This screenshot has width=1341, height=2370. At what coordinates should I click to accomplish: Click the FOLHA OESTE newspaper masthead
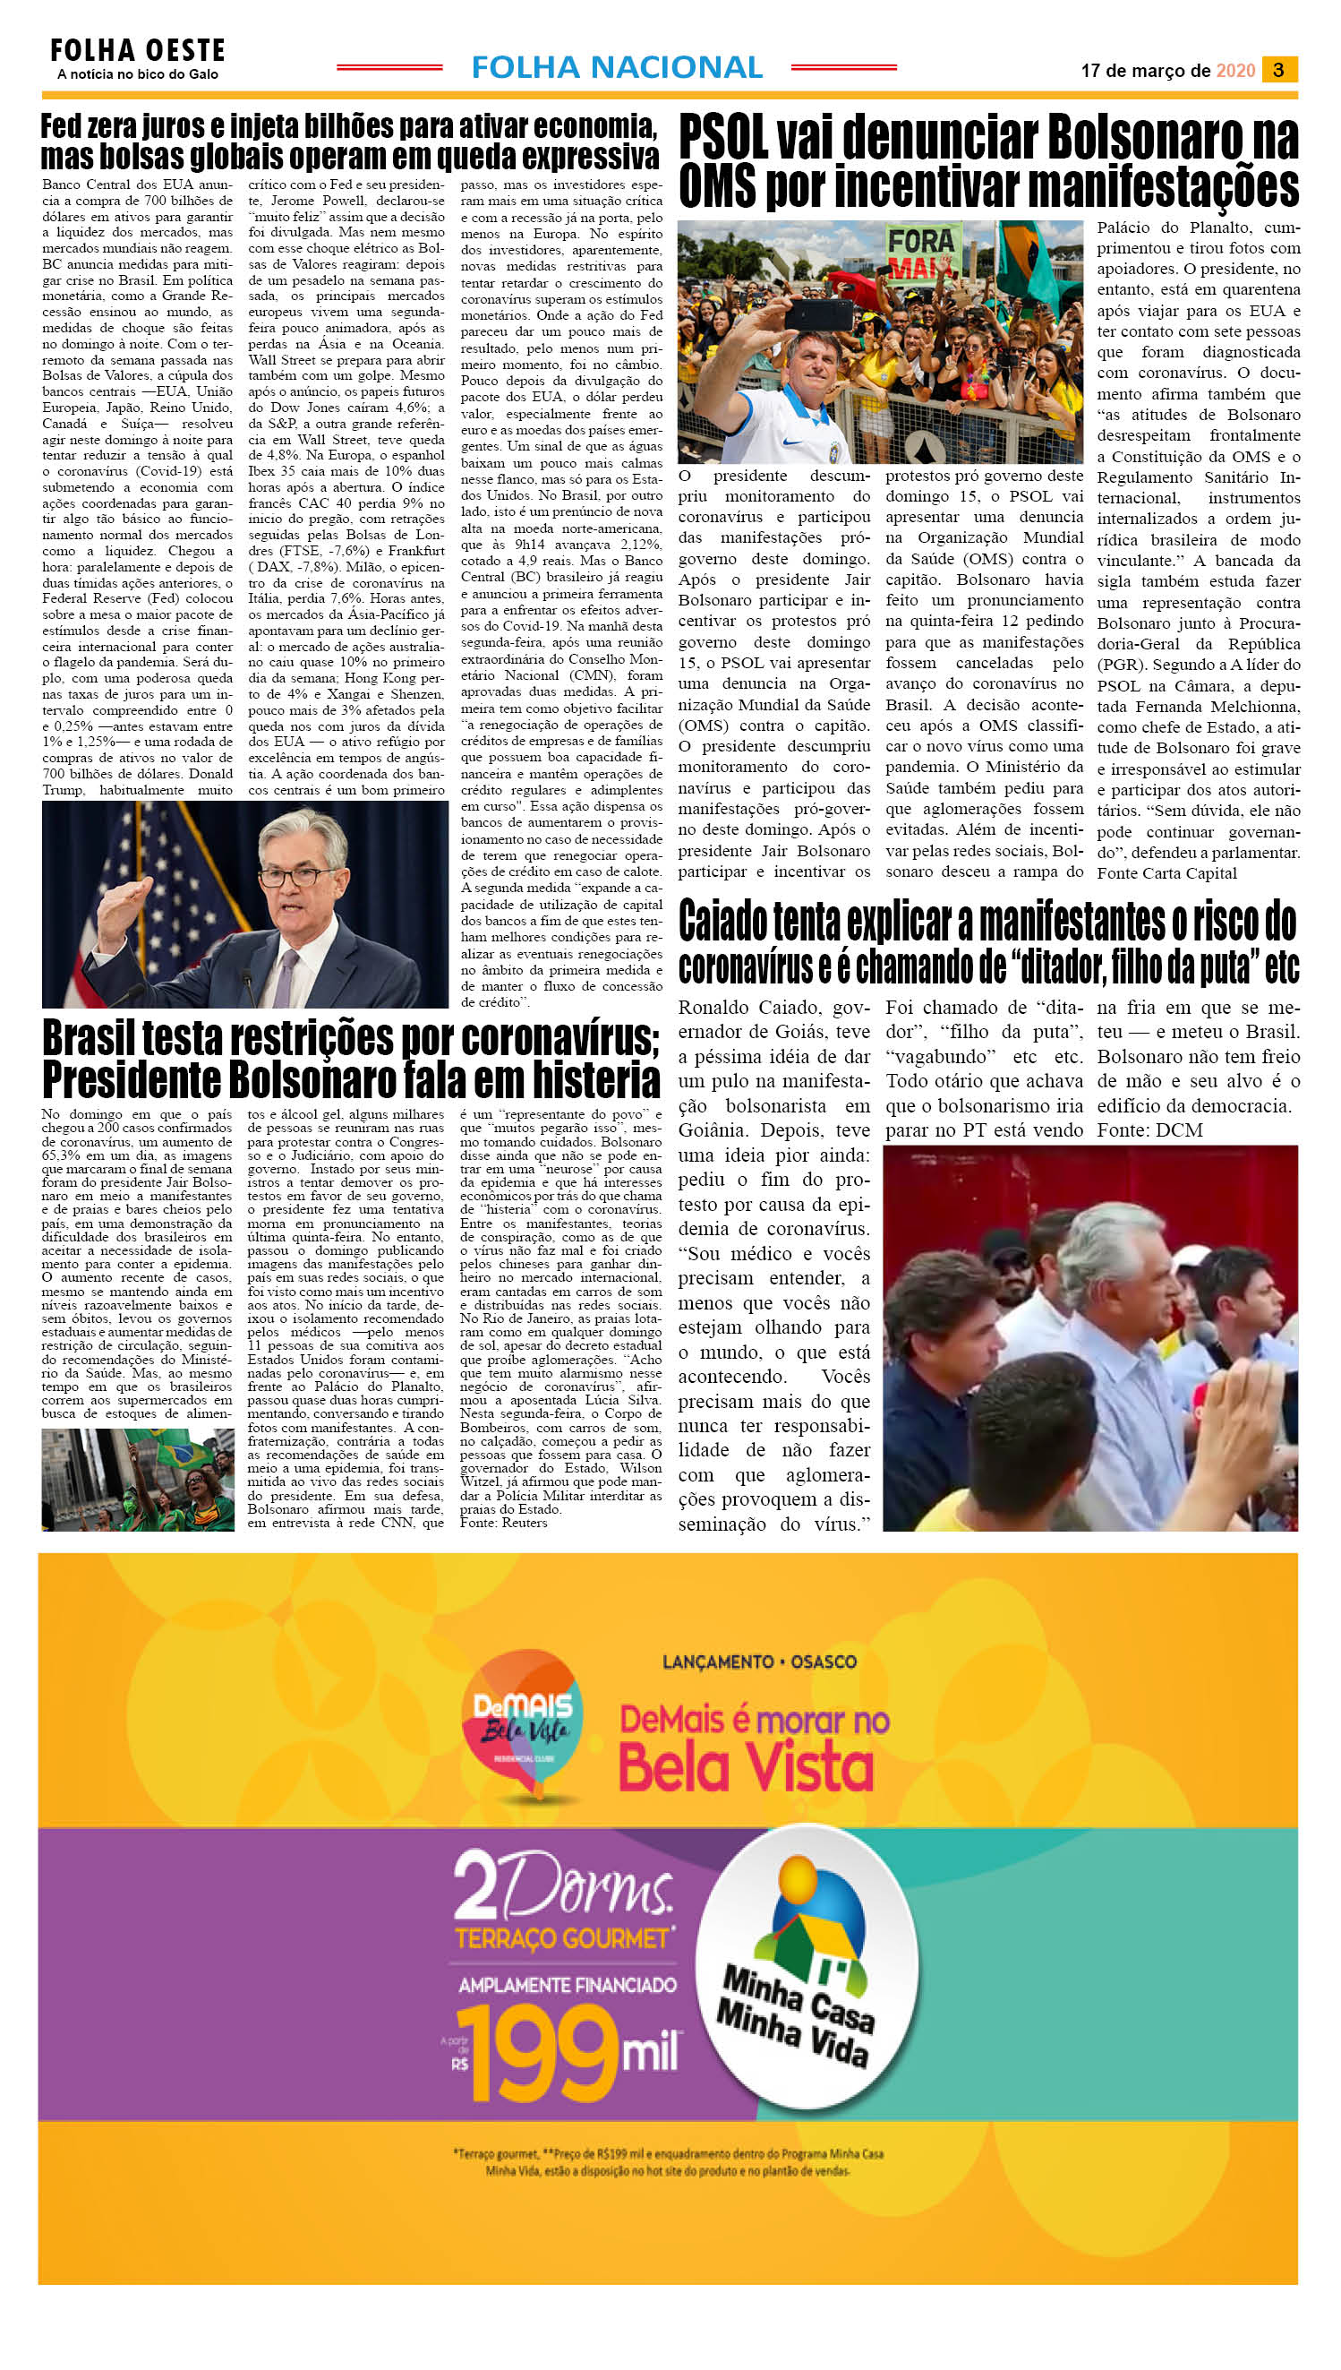(x=137, y=50)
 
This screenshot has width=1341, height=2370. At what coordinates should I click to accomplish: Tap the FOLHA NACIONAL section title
(x=616, y=67)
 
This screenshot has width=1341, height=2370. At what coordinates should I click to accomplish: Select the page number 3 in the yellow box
(x=1278, y=70)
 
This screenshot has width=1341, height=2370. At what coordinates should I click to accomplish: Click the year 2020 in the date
(x=1235, y=71)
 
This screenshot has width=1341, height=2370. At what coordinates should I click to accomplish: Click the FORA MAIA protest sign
(x=923, y=253)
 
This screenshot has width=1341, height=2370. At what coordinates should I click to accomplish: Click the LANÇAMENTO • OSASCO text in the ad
(x=759, y=1662)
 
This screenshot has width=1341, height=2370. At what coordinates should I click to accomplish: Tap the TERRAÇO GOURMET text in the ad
(x=562, y=1939)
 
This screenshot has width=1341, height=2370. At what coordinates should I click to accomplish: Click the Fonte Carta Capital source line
(x=1166, y=873)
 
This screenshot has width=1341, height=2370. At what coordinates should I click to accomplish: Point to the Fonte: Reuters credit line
(x=504, y=1524)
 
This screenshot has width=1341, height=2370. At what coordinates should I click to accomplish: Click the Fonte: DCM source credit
(x=1149, y=1129)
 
